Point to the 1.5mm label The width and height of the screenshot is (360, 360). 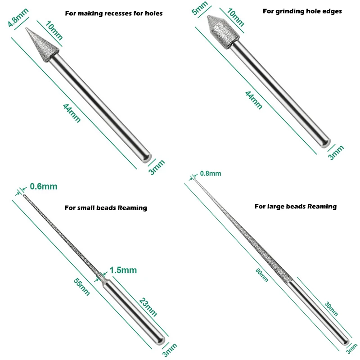122,270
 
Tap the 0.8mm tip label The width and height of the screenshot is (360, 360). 210,173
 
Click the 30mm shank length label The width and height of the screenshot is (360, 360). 331,309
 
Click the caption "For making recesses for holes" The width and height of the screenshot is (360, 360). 114,13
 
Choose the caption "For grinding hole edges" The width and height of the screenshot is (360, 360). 302,11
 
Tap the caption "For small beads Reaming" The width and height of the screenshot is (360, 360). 106,208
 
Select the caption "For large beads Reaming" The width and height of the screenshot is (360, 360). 295,207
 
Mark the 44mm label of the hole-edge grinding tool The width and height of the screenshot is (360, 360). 253,99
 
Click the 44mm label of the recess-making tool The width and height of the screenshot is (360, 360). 72,112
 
